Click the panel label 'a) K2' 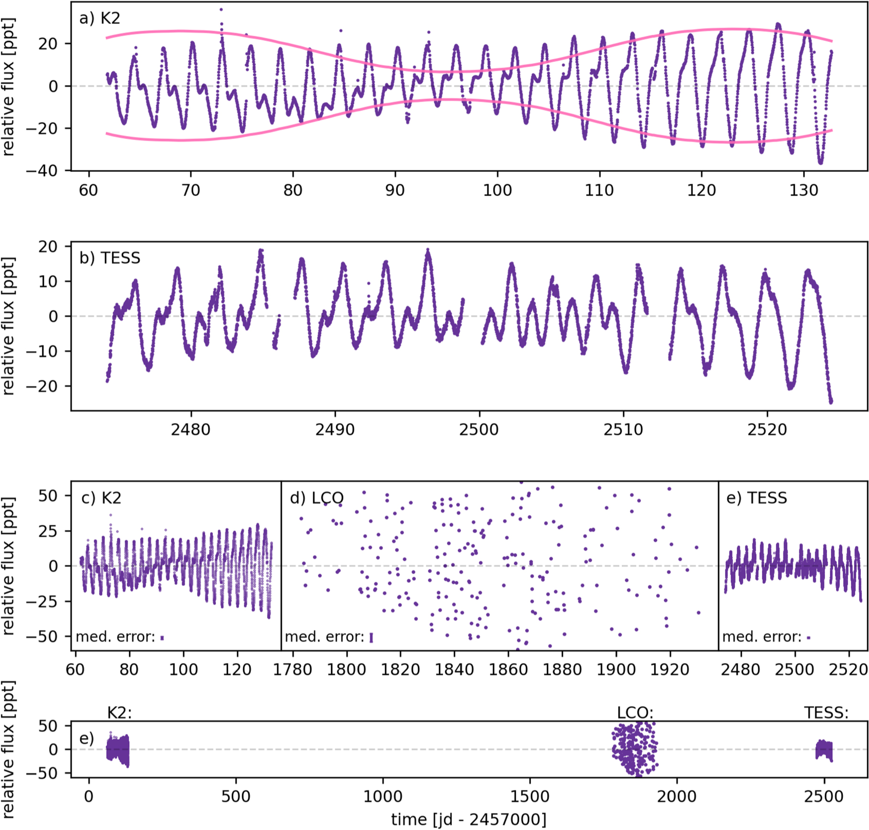pyautogui.click(x=99, y=19)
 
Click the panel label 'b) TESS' pyautogui.click(x=110, y=258)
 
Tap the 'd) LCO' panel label pyautogui.click(x=317, y=498)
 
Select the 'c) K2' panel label pyautogui.click(x=101, y=498)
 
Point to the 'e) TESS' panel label pyautogui.click(x=756, y=498)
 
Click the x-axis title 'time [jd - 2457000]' pyautogui.click(x=469, y=819)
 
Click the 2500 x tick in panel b pyautogui.click(x=479, y=430)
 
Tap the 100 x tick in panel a pyautogui.click(x=497, y=191)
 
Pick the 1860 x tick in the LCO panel pyautogui.click(x=509, y=670)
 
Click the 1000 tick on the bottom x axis pyautogui.click(x=383, y=797)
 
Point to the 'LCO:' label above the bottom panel pyautogui.click(x=635, y=713)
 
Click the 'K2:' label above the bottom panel pyautogui.click(x=119, y=713)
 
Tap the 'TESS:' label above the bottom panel pyautogui.click(x=826, y=713)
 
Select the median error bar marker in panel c pyautogui.click(x=162, y=638)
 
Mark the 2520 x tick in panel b pyautogui.click(x=767, y=430)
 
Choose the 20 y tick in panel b pyautogui.click(x=48, y=247)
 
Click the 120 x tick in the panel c pyautogui.click(x=237, y=670)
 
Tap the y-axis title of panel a pyautogui.click(x=9, y=87)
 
